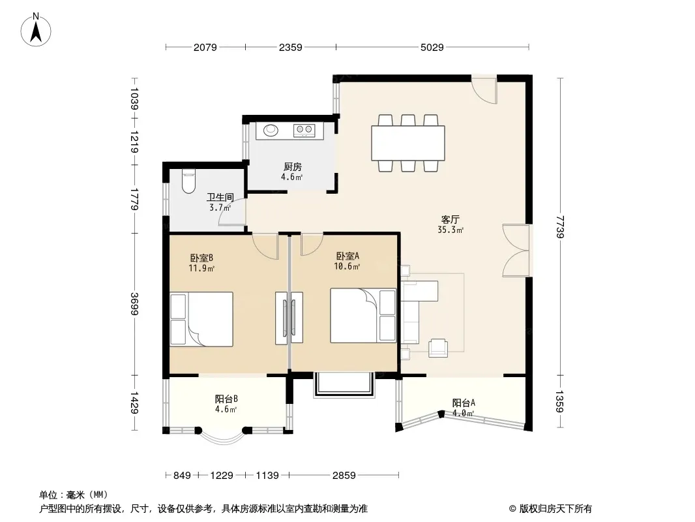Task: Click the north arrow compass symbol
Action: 36,30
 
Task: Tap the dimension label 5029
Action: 432,47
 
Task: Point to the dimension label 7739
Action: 560,226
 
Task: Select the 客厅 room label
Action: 451,219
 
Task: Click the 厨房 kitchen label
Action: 293,167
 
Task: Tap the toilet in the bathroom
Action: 188,182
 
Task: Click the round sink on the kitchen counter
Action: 271,130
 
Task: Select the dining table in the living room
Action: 408,144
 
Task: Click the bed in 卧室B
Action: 201,319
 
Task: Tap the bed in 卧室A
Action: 363,315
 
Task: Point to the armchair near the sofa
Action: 438,348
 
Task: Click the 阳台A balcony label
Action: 464,403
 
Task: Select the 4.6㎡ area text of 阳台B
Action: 226,409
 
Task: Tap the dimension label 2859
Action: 344,476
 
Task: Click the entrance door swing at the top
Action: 484,91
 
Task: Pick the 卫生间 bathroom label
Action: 220,197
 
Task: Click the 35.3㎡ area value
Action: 451,230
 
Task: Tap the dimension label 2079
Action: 205,47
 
